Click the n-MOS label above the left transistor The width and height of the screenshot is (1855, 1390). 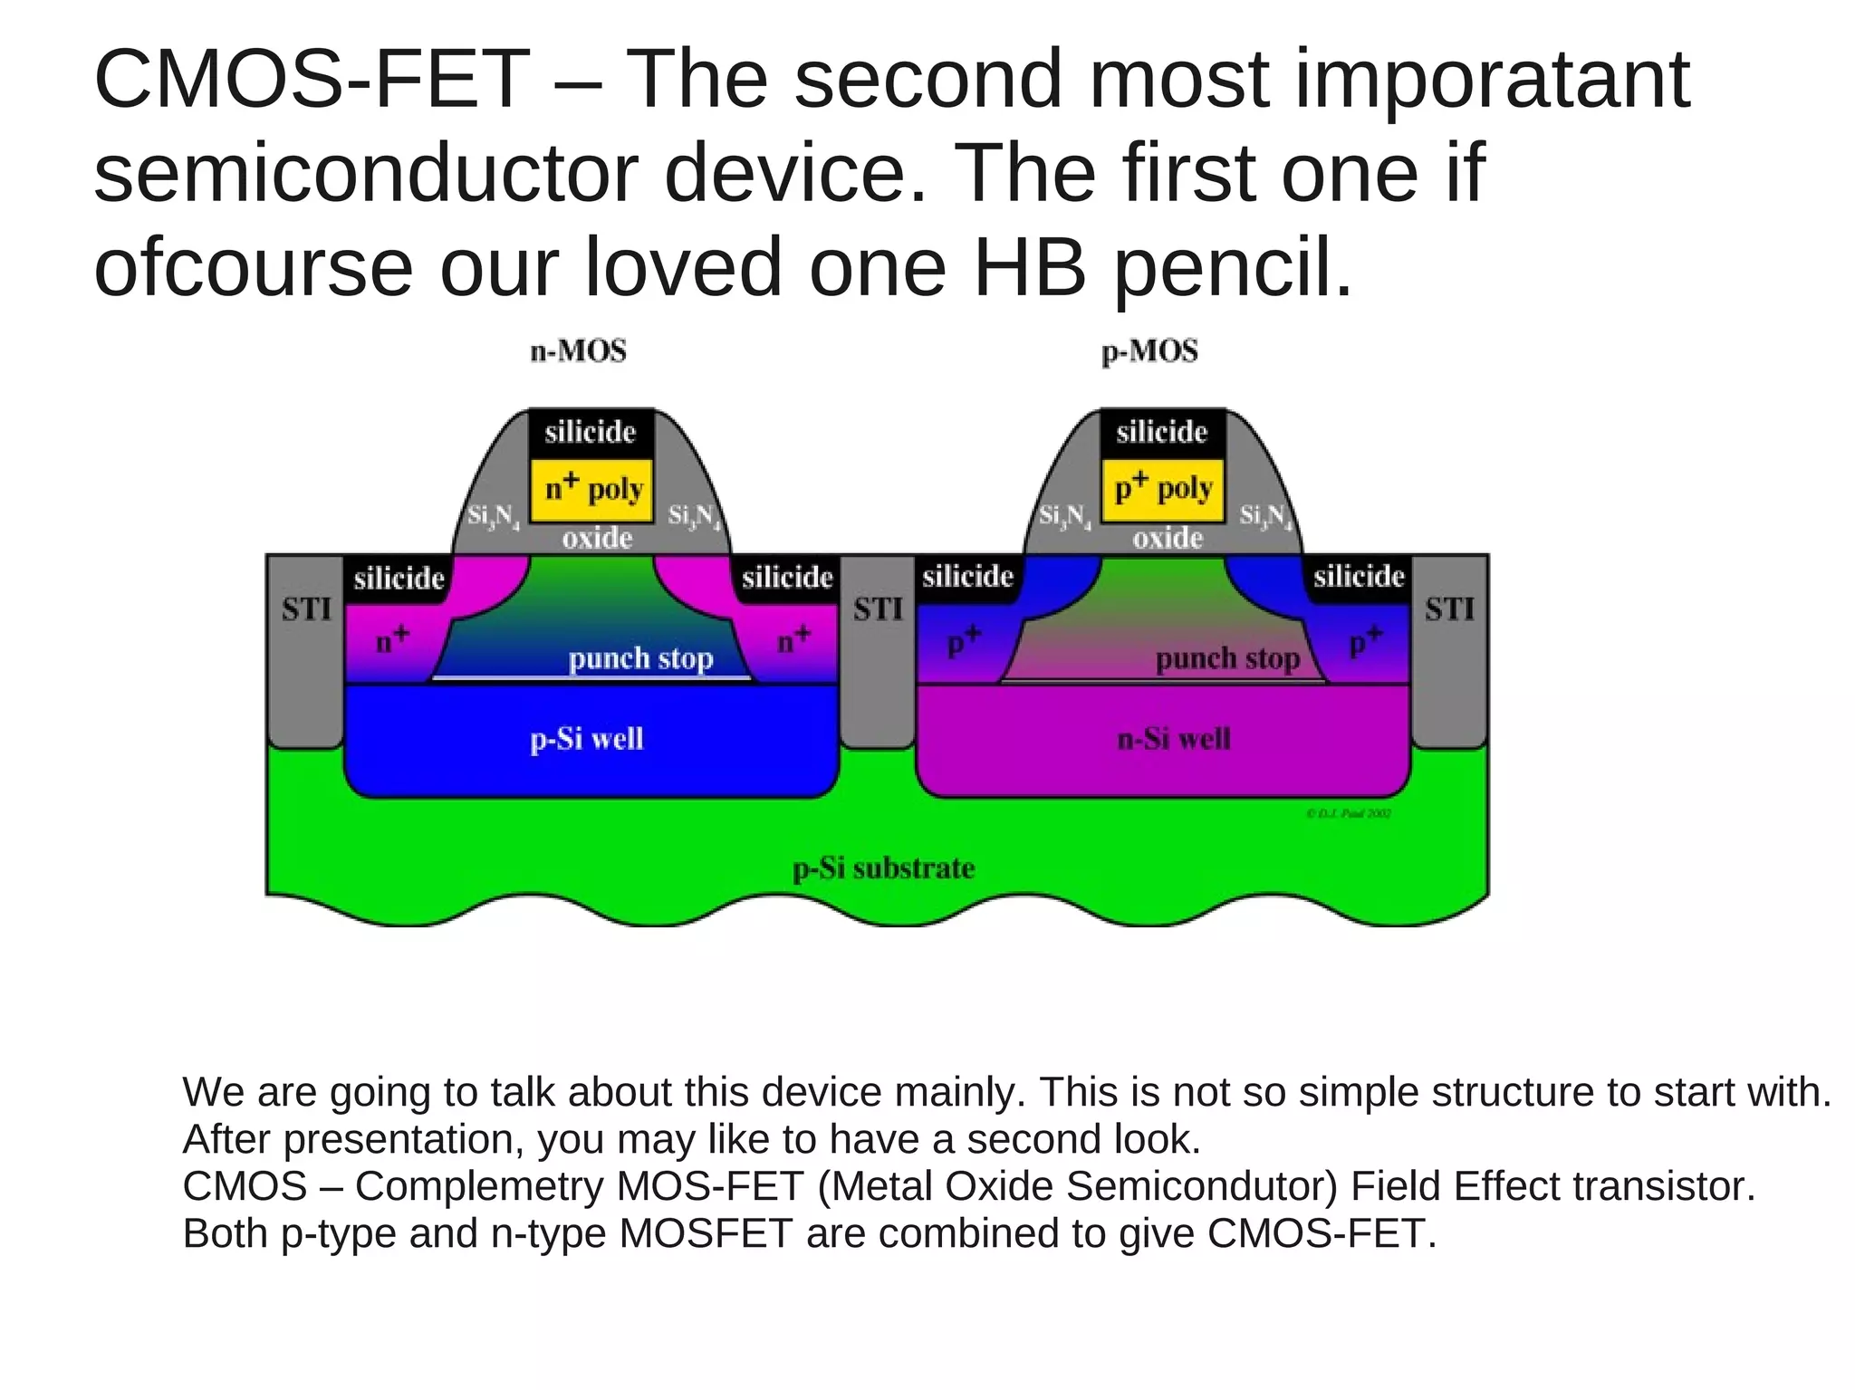(578, 351)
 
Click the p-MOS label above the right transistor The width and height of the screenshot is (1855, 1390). (1149, 351)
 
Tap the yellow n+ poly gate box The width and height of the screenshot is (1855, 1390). (591, 490)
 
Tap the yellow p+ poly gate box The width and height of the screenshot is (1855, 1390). (1163, 490)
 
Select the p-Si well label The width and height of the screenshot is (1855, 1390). (587, 739)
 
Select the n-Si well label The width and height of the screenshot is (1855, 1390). (1174, 739)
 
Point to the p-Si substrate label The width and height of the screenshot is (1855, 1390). (883, 868)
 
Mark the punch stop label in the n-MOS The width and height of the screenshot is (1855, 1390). (640, 658)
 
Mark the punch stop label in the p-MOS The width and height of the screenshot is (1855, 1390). (1227, 658)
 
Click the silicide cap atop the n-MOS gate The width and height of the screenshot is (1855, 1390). (591, 432)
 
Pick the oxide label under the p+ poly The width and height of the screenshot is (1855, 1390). (1168, 539)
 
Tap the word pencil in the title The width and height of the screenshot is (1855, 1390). (1231, 268)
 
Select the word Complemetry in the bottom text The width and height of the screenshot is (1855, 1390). (478, 1186)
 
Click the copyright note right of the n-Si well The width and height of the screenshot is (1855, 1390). (1349, 813)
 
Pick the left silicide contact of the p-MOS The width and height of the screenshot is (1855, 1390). (967, 577)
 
